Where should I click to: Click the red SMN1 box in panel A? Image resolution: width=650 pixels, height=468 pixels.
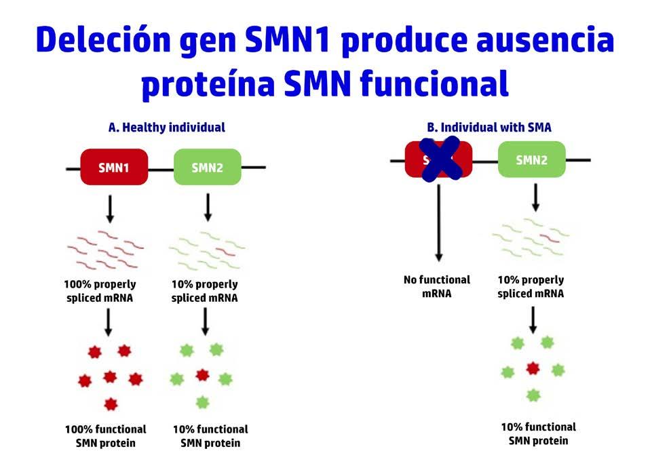tap(114, 167)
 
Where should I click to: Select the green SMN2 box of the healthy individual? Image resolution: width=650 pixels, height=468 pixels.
tap(208, 167)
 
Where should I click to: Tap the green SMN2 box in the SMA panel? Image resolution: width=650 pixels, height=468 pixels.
tap(531, 160)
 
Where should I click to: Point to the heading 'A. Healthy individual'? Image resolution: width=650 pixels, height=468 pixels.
tap(167, 127)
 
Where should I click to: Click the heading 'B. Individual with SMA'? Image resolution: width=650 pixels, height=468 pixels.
tap(489, 127)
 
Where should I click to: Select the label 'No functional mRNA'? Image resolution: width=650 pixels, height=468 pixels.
tap(436, 286)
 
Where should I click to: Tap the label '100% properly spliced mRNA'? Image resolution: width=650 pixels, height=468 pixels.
tap(100, 291)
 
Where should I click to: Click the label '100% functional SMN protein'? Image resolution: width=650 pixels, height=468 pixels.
tap(105, 435)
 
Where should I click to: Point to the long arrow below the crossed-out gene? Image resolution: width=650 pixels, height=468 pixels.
tap(439, 221)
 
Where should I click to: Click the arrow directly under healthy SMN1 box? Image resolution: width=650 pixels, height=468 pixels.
tap(111, 208)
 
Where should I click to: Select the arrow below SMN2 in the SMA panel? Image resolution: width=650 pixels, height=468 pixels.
tap(536, 197)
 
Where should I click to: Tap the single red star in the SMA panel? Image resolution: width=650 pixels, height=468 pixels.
tap(533, 368)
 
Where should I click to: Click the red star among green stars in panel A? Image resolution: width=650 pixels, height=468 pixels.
tap(202, 375)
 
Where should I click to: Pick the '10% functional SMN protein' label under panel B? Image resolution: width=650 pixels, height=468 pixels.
tap(538, 433)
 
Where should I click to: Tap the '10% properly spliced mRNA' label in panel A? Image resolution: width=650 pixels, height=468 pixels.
tap(204, 291)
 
